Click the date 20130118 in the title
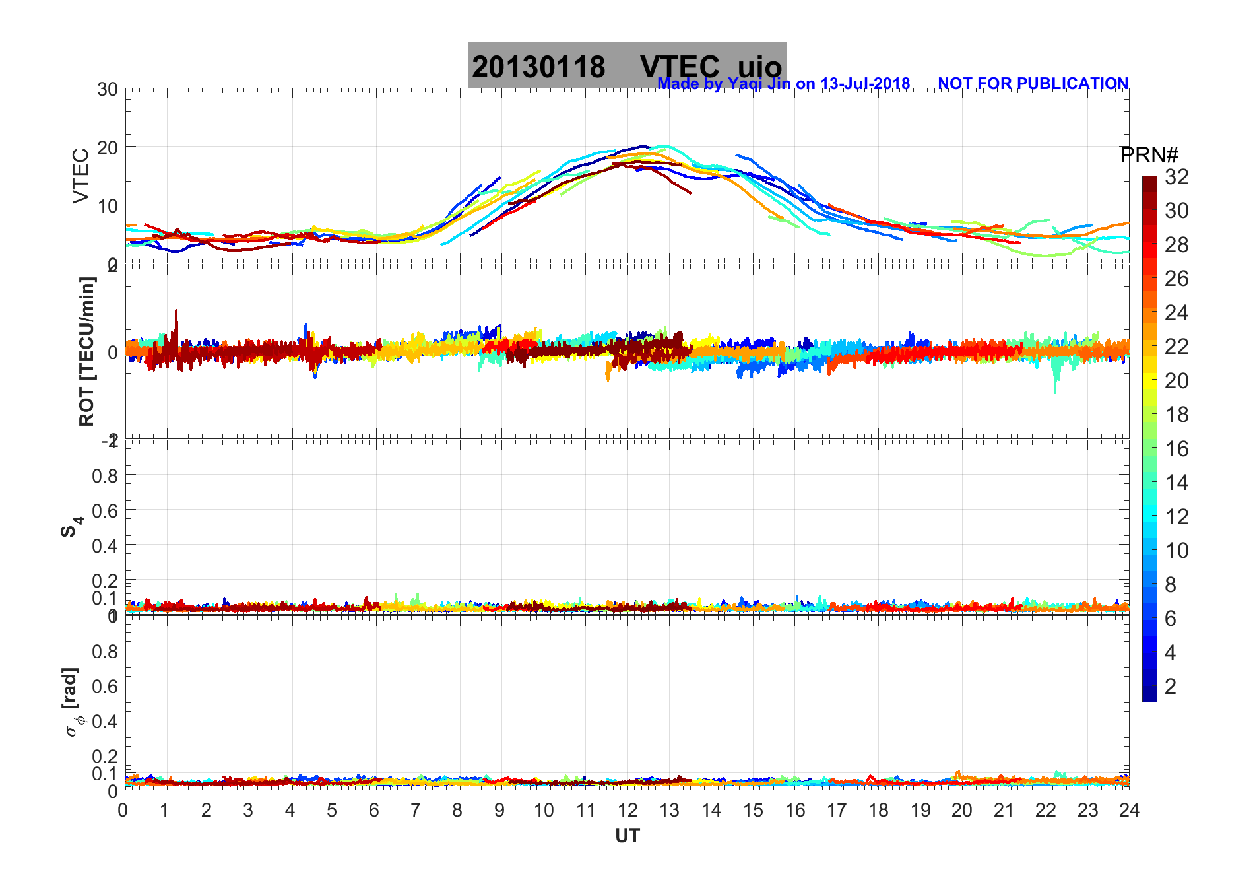point(538,67)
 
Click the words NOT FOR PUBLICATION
point(1033,84)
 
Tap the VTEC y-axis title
point(80,176)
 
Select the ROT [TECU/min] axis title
point(86,351)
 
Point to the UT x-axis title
point(627,836)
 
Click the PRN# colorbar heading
point(1149,155)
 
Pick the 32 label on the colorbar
point(1176,177)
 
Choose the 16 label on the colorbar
point(1176,449)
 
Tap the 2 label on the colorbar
point(1171,687)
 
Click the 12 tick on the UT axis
point(627,811)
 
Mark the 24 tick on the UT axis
point(1129,811)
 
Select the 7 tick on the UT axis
point(416,811)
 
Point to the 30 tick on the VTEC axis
point(108,90)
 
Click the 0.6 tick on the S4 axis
point(106,510)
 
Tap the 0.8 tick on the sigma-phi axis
point(106,651)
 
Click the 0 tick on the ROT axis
point(113,352)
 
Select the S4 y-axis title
point(71,527)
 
